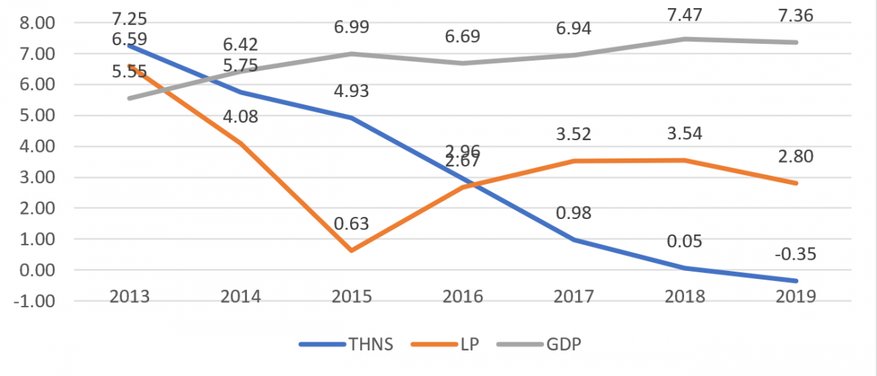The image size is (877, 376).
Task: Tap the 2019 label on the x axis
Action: pyautogui.click(x=797, y=296)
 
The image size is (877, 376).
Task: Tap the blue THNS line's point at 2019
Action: pyautogui.click(x=797, y=280)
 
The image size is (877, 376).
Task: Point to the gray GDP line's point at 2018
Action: pyautogui.click(x=686, y=39)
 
